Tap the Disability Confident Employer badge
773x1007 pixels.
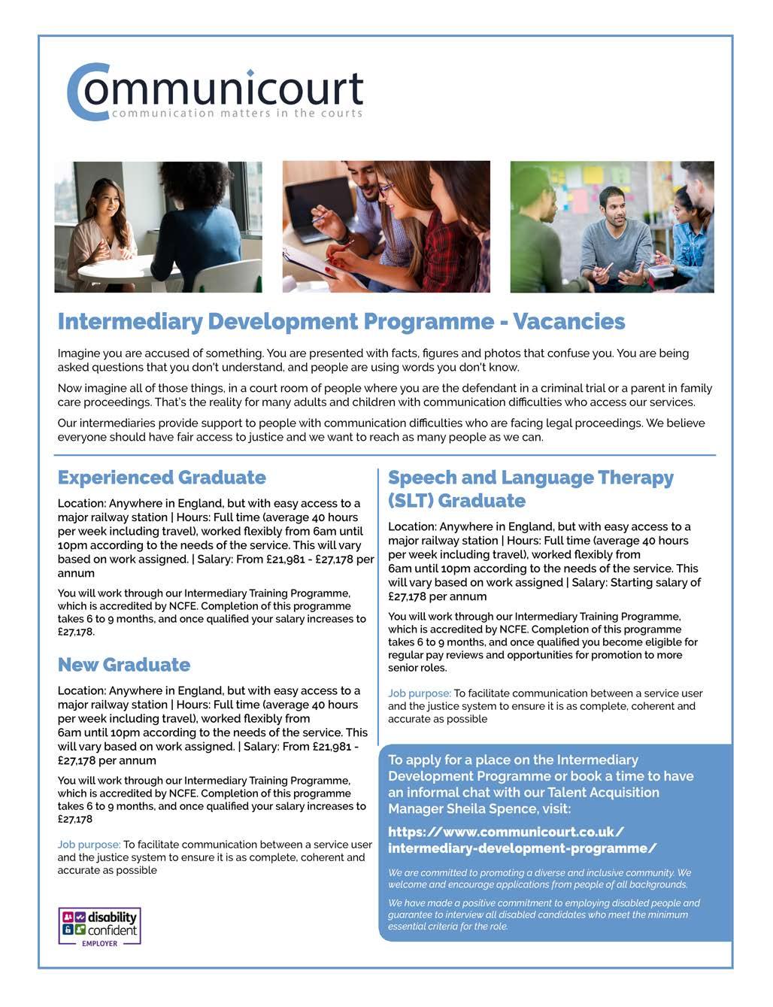tap(100, 927)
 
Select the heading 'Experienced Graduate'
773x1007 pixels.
tap(162, 478)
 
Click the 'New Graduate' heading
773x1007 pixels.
tap(124, 666)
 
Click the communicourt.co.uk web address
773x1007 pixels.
tap(522, 840)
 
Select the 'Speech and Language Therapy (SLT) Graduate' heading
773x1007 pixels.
tap(530, 490)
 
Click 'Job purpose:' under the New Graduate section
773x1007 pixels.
tap(89, 845)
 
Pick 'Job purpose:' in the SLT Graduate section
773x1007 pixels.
tap(419, 693)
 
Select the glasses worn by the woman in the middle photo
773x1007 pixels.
tap(386, 190)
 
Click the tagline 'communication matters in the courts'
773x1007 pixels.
tap(237, 114)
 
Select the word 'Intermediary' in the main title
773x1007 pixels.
tap(130, 322)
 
